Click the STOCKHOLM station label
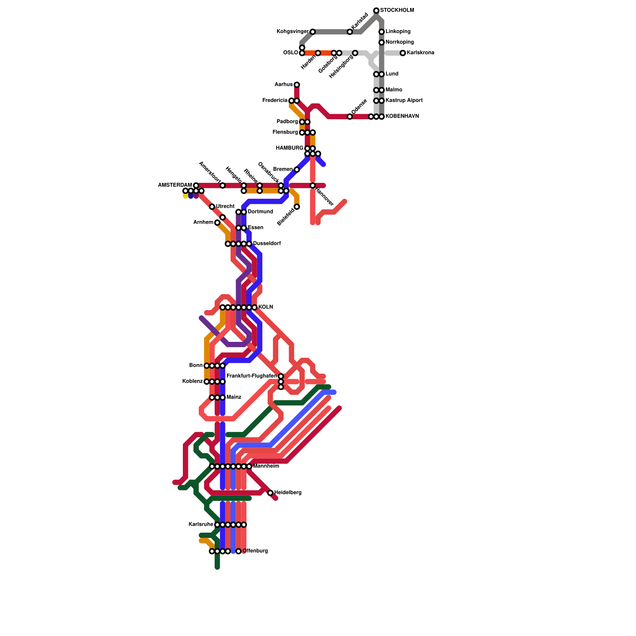[397, 10]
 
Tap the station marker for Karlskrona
[403, 53]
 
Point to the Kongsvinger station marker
[312, 32]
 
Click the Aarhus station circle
[297, 85]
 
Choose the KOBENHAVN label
[402, 116]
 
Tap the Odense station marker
[349, 116]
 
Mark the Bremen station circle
[297, 170]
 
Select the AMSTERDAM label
[175, 185]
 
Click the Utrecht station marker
[212, 207]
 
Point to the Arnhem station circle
[217, 223]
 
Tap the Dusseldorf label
[267, 244]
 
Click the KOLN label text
[266, 307]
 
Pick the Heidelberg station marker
[270, 493]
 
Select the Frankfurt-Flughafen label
[251, 376]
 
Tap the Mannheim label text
[266, 466]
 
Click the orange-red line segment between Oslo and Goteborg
[325, 53]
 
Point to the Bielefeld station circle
[297, 207]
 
